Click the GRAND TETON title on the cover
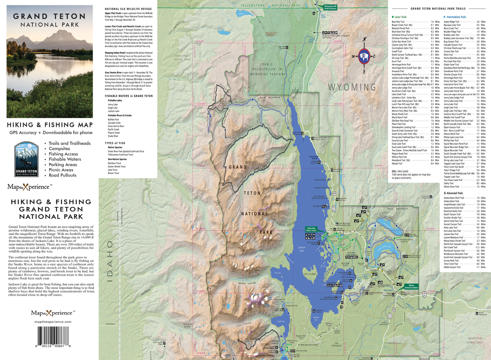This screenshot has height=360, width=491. [x=49, y=16]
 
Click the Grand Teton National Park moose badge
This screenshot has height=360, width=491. [x=27, y=159]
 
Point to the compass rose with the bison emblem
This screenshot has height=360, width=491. [x=364, y=56]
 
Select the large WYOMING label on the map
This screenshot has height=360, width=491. [x=352, y=87]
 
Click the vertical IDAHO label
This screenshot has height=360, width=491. [x=110, y=262]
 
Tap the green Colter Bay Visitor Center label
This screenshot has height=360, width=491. [x=311, y=229]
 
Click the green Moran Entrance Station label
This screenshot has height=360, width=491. [x=411, y=286]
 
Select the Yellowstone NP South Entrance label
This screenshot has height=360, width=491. [x=330, y=7]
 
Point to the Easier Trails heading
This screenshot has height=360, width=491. [x=400, y=17]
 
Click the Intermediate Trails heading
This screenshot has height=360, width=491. [x=456, y=17]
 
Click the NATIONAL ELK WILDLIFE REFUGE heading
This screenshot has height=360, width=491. [x=128, y=9]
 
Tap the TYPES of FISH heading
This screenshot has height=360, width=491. [x=115, y=143]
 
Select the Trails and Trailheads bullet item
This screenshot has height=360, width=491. [x=69, y=143]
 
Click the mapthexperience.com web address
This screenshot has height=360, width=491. [x=53, y=322]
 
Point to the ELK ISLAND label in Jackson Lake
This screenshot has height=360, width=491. [x=310, y=274]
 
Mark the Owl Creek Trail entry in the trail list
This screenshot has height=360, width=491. [x=451, y=247]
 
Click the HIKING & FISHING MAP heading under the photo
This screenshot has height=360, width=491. [x=50, y=125]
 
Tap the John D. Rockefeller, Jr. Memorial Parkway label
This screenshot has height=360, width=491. [x=268, y=69]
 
